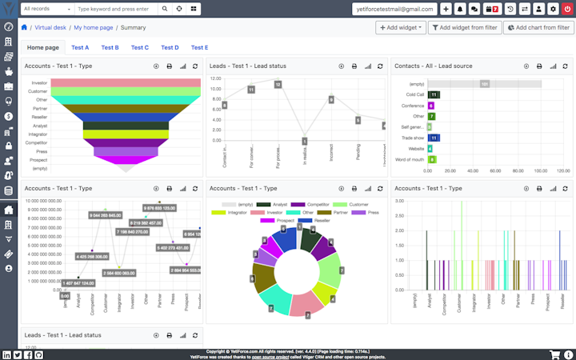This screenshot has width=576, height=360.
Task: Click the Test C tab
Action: (140, 48)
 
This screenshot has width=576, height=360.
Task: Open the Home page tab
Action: (43, 48)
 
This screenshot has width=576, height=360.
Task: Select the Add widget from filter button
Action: (465, 27)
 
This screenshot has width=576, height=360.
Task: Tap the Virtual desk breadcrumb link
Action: (50, 27)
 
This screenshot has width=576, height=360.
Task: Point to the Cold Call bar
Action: (434, 94)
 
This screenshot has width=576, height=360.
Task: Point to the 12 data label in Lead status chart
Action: (278, 84)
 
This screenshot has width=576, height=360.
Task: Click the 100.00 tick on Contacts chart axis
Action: (541, 170)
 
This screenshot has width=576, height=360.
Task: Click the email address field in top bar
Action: (394, 9)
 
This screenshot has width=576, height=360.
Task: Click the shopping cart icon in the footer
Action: (554, 354)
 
